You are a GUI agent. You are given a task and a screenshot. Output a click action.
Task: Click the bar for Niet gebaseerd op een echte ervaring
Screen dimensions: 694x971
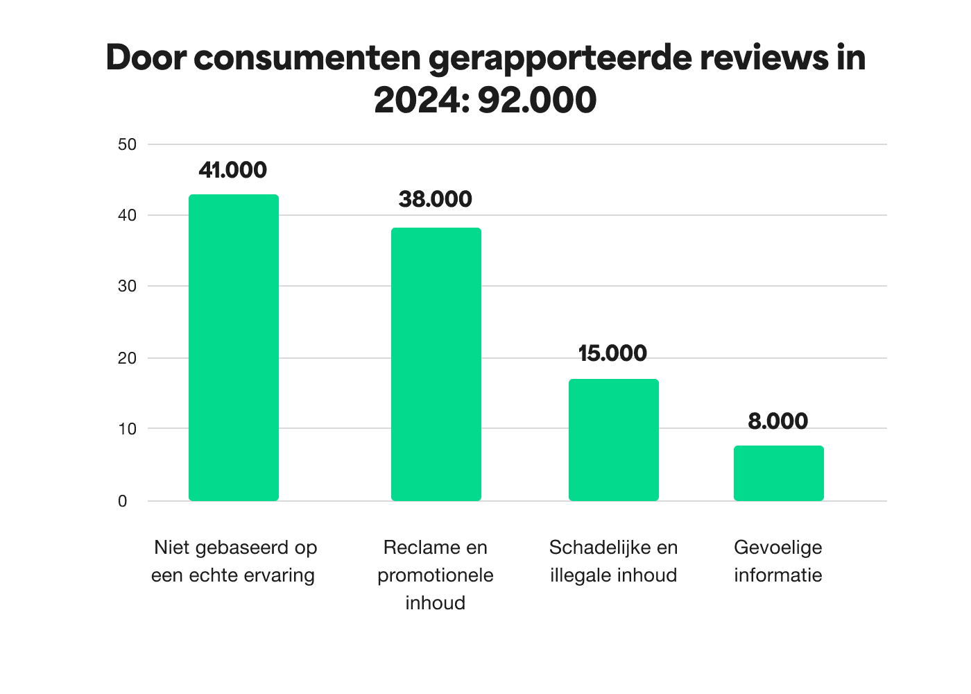(x=234, y=347)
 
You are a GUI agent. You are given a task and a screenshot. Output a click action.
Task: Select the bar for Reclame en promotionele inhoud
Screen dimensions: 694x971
(x=436, y=364)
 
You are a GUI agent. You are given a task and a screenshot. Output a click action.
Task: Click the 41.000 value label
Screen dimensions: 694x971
(x=232, y=170)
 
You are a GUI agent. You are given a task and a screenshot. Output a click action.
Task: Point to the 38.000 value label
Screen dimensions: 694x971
(x=435, y=199)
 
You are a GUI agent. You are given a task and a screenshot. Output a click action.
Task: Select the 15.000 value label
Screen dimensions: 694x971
(x=612, y=353)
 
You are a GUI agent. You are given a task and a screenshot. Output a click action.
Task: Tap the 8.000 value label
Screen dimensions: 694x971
(x=777, y=421)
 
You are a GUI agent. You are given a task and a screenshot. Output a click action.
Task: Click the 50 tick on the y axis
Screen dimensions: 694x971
(x=127, y=144)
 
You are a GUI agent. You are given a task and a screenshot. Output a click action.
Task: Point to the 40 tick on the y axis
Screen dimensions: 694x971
(x=127, y=215)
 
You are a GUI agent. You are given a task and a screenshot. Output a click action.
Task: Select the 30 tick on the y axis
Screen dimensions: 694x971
(x=127, y=286)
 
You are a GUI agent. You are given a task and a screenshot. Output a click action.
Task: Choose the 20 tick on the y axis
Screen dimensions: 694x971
(x=127, y=358)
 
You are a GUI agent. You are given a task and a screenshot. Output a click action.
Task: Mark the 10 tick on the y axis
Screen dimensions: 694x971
(x=127, y=429)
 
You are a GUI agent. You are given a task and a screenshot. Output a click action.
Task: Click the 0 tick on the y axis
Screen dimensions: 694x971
(x=123, y=501)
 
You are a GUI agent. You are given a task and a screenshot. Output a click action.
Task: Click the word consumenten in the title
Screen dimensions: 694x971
(x=307, y=58)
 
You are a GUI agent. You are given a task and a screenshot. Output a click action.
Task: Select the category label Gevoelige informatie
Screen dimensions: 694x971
(x=778, y=561)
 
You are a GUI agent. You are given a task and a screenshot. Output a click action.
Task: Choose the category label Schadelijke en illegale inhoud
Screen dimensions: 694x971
(x=613, y=561)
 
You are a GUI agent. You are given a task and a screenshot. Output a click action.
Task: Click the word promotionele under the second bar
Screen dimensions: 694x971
(x=435, y=575)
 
